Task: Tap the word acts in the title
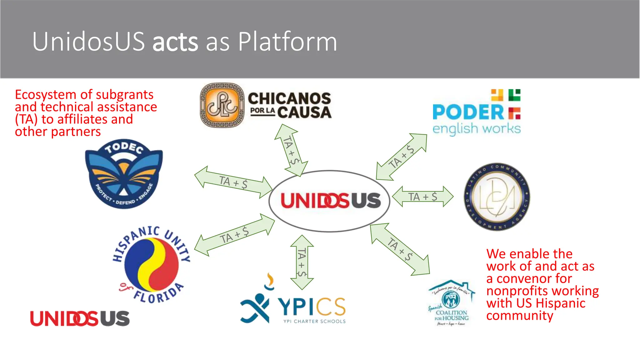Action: (x=175, y=42)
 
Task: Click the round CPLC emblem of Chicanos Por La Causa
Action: (x=222, y=105)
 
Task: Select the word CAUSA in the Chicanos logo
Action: (x=304, y=112)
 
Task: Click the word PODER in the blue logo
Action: (x=468, y=112)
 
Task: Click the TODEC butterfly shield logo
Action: (x=124, y=174)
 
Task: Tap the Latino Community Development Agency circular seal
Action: (x=497, y=197)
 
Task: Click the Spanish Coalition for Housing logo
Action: (x=452, y=303)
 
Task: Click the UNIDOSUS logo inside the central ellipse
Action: (x=330, y=201)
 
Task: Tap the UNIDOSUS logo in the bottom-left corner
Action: (x=80, y=319)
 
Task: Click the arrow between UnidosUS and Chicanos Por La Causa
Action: (x=291, y=150)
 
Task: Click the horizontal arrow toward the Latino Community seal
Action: (x=422, y=197)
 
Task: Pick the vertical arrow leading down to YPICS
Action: (x=302, y=262)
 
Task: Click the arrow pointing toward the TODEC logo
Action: (x=233, y=182)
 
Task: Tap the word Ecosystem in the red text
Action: (x=46, y=95)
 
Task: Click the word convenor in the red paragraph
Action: (x=534, y=278)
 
